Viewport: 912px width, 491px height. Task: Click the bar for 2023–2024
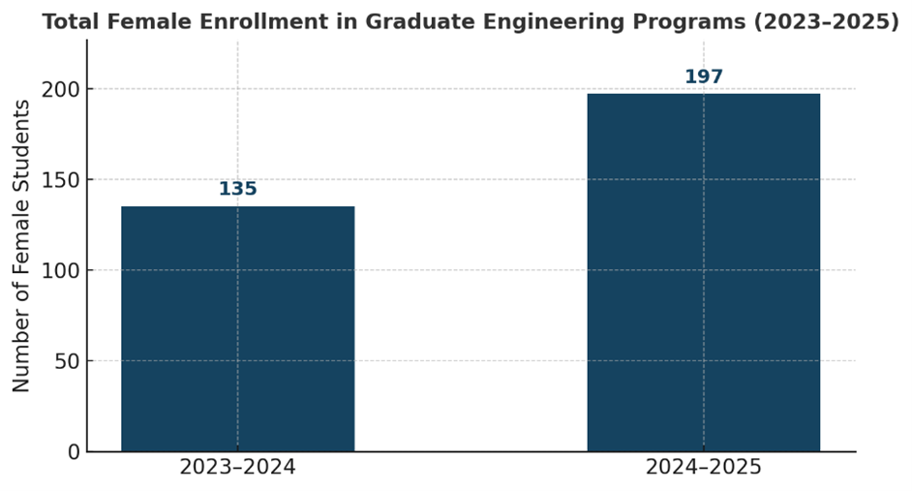click(237, 329)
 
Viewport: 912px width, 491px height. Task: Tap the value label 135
click(237, 189)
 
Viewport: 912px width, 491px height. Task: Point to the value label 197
click(704, 77)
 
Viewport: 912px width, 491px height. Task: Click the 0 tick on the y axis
click(72, 451)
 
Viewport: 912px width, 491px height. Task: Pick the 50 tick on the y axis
click(65, 361)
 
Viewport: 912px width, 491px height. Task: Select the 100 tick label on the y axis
click(59, 270)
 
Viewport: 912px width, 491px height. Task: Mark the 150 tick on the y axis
click(59, 180)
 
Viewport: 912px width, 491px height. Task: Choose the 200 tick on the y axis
click(59, 89)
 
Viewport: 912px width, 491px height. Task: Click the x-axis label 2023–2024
click(237, 468)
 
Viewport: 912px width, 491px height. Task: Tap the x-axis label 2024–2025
click(704, 468)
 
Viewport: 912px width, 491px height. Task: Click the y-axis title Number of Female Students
click(21, 246)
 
